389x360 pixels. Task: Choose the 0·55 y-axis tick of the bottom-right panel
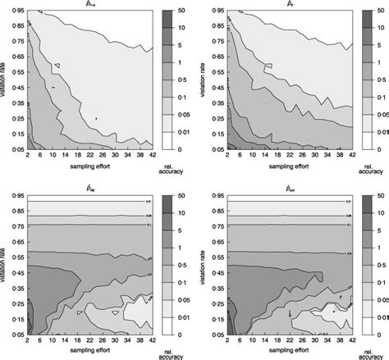(x=208, y=256)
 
